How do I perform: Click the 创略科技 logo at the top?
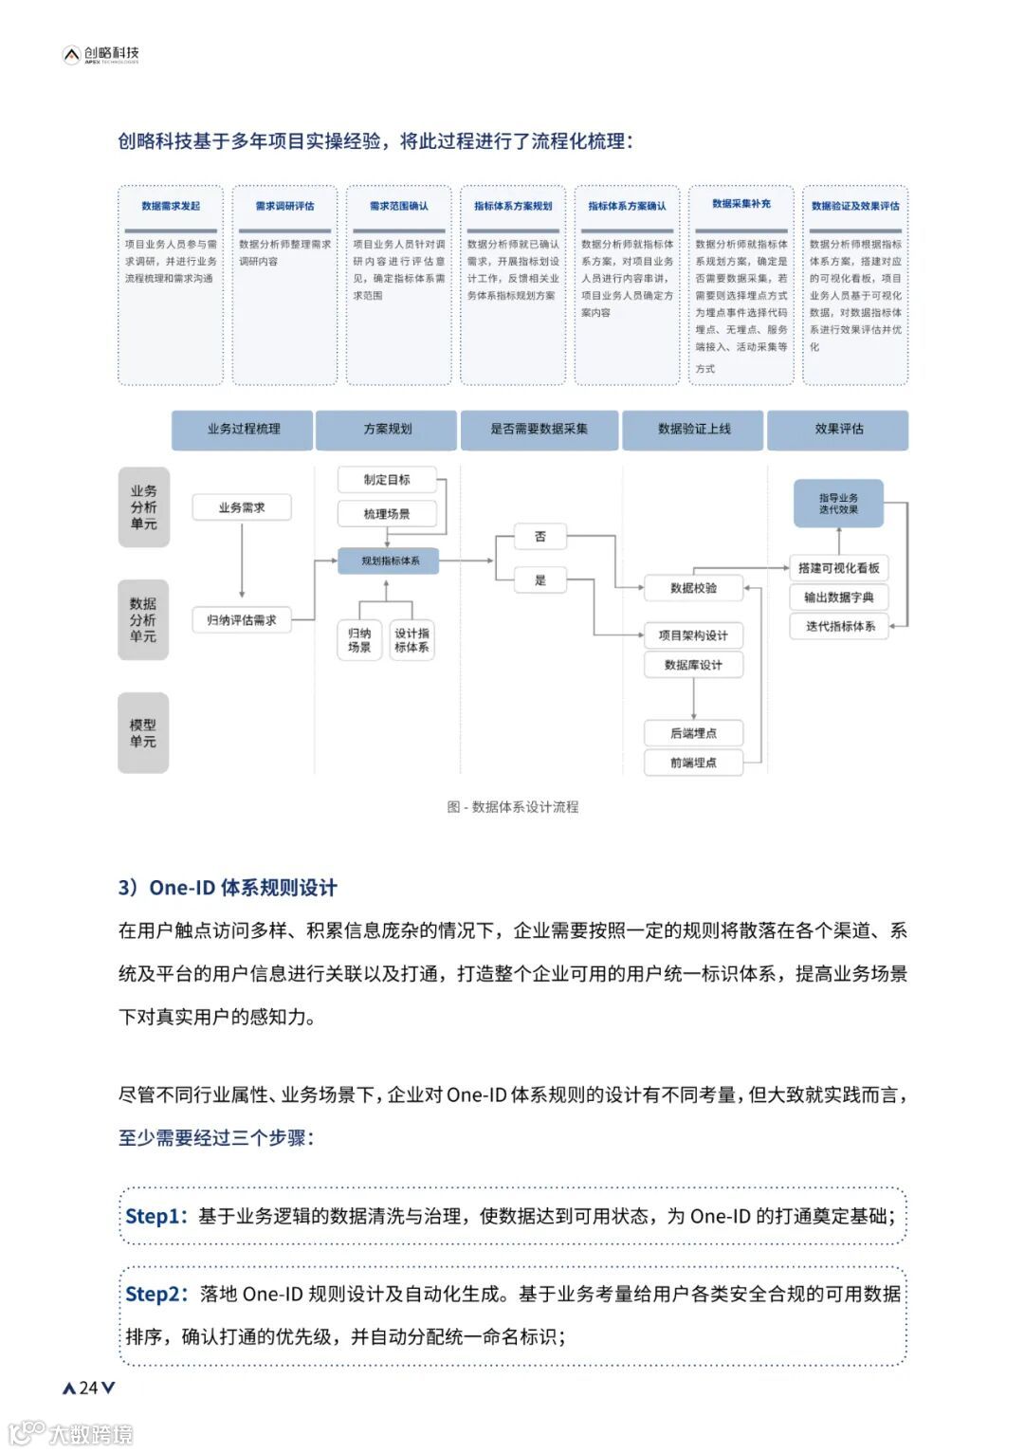101,54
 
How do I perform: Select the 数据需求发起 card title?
171,206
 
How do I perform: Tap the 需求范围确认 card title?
399,206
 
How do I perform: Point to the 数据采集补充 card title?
741,204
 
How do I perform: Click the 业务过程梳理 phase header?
244,429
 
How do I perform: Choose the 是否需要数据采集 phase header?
539,429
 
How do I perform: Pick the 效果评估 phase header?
838,429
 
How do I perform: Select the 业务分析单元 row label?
144,507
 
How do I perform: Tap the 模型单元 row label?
143,733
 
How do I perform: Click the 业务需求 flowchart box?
242,507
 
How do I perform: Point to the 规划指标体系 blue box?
391,561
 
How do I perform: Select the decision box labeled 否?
540,536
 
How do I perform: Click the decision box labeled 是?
540,579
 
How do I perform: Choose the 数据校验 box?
693,588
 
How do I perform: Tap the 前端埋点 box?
693,763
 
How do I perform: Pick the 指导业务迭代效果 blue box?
838,504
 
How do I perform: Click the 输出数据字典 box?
839,598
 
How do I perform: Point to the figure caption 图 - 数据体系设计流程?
513,807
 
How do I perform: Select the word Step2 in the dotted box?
152,1294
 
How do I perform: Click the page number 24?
88,1388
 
